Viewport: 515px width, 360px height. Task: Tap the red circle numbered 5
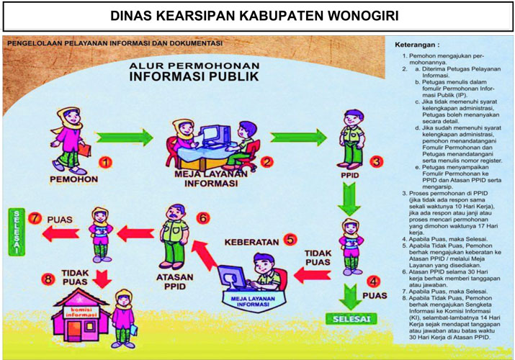[x=290, y=238]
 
